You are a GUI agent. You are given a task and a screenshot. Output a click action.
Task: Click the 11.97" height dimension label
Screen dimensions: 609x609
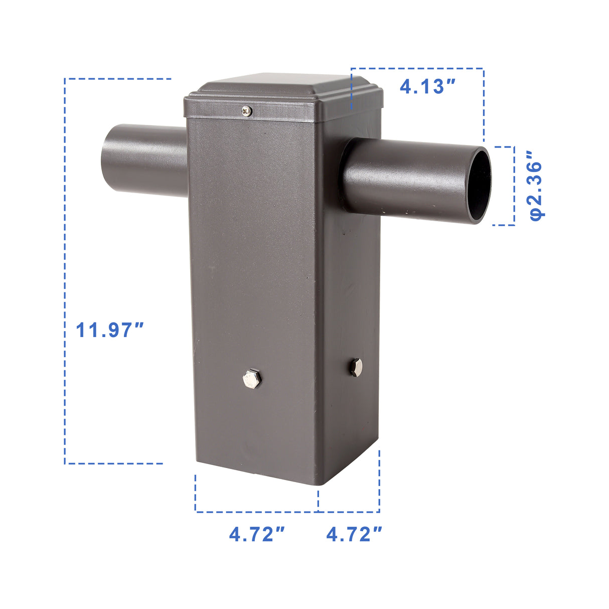[110, 330]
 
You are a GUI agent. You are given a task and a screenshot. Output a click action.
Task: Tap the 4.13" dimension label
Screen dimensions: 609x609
[428, 86]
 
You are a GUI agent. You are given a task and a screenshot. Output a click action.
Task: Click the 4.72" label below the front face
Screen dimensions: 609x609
[257, 534]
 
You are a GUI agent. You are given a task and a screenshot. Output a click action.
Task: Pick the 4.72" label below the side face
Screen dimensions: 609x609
[355, 534]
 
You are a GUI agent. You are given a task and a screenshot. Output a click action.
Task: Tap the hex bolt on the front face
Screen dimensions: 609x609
[251, 378]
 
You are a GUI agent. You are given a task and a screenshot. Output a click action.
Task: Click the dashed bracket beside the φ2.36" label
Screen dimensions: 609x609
[514, 186]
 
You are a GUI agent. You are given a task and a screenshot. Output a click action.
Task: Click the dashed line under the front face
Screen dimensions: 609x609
[256, 512]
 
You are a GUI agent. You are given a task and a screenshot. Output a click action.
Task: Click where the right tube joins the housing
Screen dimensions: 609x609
[346, 173]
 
